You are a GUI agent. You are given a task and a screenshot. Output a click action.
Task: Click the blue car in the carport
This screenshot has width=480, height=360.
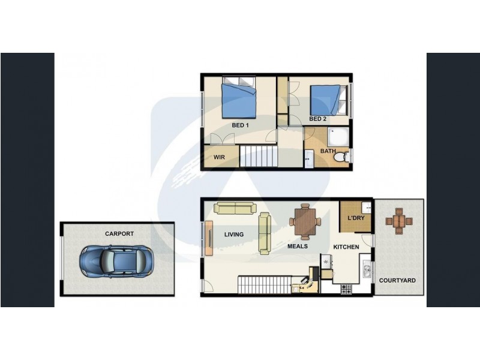coord(117,260)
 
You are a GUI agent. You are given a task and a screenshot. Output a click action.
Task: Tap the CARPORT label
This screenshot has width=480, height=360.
coord(119,234)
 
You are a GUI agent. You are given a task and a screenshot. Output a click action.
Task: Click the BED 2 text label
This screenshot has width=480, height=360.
coord(317,119)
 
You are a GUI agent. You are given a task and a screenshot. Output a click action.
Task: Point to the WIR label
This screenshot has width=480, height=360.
coord(219,158)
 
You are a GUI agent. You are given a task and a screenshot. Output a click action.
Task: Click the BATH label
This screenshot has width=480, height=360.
coord(328,151)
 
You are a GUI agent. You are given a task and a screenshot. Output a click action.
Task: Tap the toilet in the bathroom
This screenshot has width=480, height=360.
coord(341,157)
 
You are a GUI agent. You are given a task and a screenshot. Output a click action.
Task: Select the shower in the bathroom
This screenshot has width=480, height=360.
coord(339,136)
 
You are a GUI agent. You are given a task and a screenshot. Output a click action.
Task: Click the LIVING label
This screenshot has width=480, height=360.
coord(234,235)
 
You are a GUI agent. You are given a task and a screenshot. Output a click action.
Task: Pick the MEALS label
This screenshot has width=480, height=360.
coord(298,246)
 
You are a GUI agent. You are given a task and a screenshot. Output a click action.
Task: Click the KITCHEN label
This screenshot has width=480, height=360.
coord(346,247)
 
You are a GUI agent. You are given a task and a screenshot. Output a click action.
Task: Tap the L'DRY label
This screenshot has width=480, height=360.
coord(356,218)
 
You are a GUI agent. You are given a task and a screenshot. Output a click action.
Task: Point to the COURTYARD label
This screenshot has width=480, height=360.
coord(397,280)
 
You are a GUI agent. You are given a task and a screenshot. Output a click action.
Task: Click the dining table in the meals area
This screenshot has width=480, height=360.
coord(305,221)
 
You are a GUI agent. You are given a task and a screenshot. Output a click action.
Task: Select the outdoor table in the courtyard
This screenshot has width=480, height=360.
coord(399,221)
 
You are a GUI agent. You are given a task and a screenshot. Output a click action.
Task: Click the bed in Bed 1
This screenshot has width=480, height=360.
coord(239,100)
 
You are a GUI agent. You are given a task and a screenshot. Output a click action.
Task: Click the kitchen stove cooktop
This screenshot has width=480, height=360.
coord(347,289)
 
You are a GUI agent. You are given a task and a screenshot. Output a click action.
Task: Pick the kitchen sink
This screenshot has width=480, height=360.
coord(365,272)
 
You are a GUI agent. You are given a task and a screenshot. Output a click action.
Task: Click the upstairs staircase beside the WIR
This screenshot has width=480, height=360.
coord(259,157)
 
